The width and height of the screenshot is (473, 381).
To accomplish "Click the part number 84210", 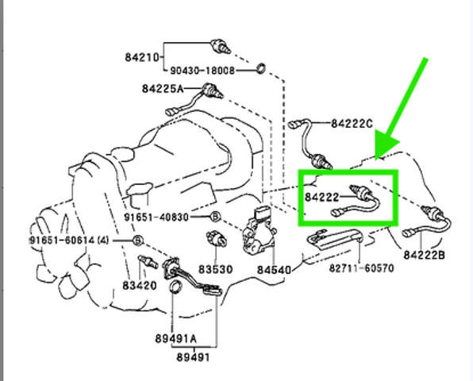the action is (142, 57).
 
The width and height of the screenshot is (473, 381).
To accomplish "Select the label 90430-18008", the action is (202, 71).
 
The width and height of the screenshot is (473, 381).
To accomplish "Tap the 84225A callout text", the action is (163, 89).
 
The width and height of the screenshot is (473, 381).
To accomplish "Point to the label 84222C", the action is (352, 123).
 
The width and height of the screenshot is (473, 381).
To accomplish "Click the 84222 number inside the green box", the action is (322, 198).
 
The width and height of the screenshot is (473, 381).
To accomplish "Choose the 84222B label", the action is (424, 255).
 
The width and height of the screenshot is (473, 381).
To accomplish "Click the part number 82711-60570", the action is (361, 267).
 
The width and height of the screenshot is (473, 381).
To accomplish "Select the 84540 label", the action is (274, 270).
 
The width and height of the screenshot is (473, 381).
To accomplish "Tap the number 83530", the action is (215, 269).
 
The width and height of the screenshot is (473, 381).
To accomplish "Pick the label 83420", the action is (140, 286).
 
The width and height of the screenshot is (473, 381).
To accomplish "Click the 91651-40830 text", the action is (156, 217).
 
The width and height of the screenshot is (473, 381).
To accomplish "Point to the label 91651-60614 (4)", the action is (69, 241).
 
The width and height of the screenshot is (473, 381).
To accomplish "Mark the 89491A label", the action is (176, 339).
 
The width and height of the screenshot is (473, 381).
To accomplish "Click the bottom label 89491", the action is (193, 357).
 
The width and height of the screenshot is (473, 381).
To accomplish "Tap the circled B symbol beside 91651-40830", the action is (215, 217).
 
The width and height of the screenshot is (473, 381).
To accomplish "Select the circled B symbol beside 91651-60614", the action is (137, 241).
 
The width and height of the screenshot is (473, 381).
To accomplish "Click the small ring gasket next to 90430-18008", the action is (261, 68).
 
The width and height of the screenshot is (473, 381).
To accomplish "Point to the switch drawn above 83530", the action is (217, 239).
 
